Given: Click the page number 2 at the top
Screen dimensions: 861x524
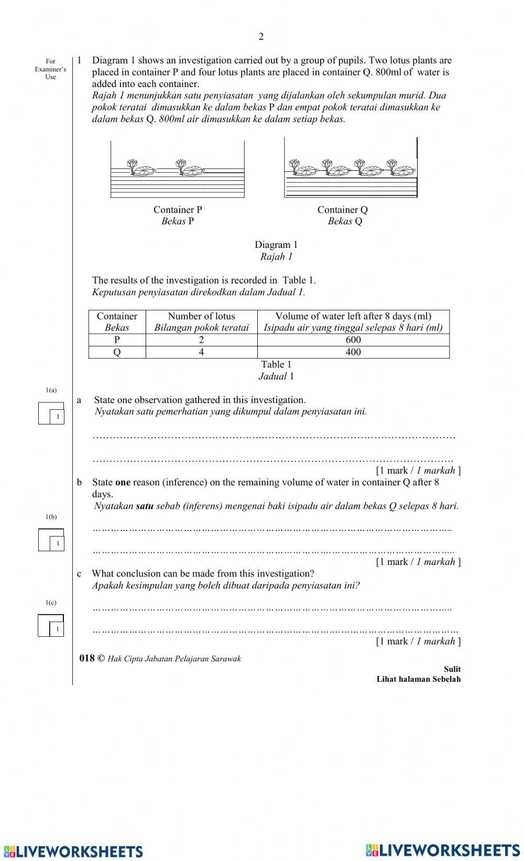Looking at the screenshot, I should pyautogui.click(x=261, y=36).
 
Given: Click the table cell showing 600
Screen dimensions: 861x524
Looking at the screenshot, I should pyautogui.click(x=353, y=340).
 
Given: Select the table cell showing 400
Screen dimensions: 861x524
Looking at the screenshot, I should pyautogui.click(x=353, y=352).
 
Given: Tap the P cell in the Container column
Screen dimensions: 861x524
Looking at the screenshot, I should pyautogui.click(x=117, y=340).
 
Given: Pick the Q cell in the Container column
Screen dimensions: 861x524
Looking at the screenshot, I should pyautogui.click(x=117, y=352).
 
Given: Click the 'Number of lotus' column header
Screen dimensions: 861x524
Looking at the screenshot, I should pyautogui.click(x=201, y=316).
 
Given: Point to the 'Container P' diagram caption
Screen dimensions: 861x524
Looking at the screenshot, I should pyautogui.click(x=178, y=210).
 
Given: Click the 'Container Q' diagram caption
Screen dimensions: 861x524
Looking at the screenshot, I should pyautogui.click(x=343, y=210).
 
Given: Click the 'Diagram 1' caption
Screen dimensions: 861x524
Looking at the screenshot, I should pyautogui.click(x=276, y=245).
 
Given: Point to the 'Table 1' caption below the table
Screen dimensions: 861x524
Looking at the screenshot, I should pyautogui.click(x=276, y=364).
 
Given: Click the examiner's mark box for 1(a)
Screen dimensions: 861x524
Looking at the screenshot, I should pyautogui.click(x=51, y=413).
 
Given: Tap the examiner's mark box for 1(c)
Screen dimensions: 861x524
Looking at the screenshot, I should pyautogui.click(x=51, y=626).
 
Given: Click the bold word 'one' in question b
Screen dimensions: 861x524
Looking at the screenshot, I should pyautogui.click(x=123, y=482).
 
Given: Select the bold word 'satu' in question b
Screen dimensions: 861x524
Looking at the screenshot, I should pyautogui.click(x=144, y=506).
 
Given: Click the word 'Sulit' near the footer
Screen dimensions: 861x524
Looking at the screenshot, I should pyautogui.click(x=452, y=669).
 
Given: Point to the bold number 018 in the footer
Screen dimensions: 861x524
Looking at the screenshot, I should pyautogui.click(x=87, y=658).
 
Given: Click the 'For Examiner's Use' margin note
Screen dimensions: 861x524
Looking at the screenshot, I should pyautogui.click(x=50, y=69).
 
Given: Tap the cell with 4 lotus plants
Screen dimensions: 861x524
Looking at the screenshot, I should pyautogui.click(x=201, y=352).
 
